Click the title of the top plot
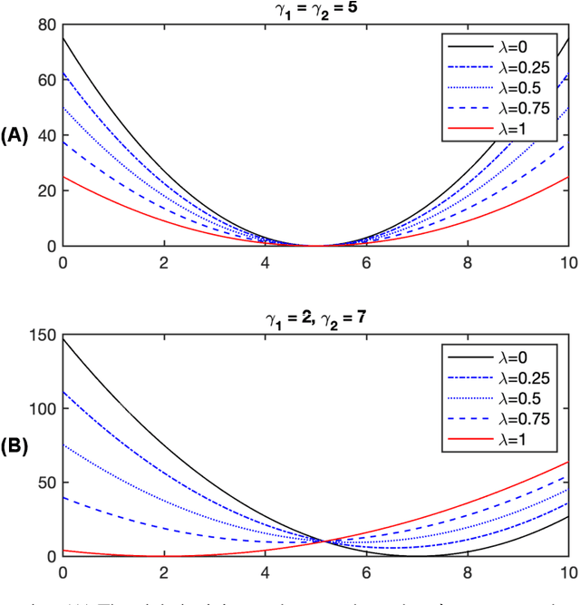(315, 9)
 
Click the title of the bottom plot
(315, 317)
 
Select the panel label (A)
(16, 136)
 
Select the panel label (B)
(16, 445)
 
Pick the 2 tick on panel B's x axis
(163, 572)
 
